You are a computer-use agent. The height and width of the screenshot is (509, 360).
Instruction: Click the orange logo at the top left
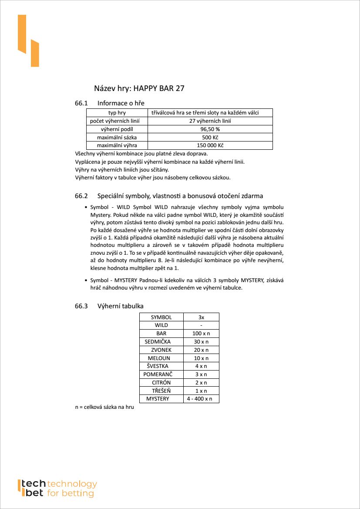point(28,41)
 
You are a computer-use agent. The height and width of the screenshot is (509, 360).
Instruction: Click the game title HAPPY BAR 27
point(139,88)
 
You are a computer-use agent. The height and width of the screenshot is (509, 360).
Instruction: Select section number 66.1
point(81,103)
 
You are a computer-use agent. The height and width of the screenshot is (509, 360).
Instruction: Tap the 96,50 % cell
point(210,129)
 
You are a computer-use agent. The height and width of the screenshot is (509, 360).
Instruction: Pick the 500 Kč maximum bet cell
point(210,137)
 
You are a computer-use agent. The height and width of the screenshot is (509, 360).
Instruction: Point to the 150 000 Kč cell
point(210,145)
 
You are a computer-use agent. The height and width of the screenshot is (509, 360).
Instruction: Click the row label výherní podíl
point(117,129)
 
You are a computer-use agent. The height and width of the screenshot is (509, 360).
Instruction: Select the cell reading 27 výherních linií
point(210,121)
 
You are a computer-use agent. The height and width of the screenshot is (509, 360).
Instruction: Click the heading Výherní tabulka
point(120,306)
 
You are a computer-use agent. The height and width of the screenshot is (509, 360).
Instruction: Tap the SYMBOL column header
point(161,317)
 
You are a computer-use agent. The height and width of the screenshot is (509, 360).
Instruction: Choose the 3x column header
point(201,317)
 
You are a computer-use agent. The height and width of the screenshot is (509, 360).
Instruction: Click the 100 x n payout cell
point(201,333)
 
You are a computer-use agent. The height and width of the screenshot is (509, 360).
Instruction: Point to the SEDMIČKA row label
point(158,341)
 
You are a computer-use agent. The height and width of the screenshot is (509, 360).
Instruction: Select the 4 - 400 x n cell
point(200,398)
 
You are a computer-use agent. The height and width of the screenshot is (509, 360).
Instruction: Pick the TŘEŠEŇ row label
point(161,391)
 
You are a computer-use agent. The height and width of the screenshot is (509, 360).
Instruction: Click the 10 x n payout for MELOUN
point(201,358)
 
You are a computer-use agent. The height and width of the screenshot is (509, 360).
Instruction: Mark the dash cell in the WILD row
point(201,325)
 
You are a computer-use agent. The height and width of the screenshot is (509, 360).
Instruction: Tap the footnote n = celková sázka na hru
point(104,407)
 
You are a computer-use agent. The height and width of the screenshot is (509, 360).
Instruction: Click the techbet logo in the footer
point(57,488)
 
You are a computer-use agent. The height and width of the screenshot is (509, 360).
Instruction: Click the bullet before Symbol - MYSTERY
point(85,280)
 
